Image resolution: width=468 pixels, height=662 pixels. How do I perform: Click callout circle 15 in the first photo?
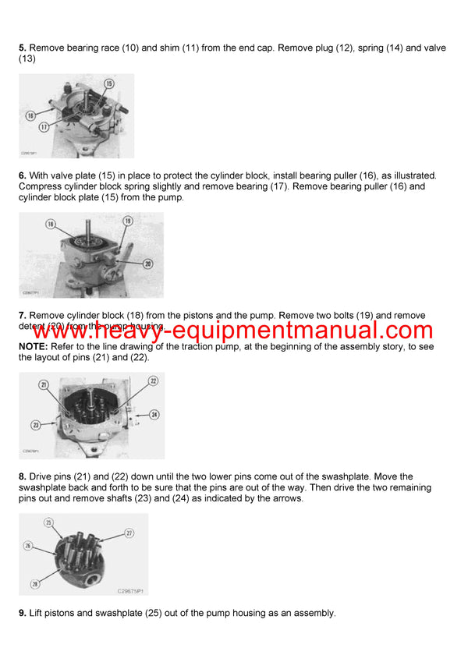108,83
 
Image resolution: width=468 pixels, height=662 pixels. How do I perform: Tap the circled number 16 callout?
30,115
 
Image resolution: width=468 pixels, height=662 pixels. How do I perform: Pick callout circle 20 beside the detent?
147,264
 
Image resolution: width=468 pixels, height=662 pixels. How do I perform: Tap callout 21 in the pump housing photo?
44,384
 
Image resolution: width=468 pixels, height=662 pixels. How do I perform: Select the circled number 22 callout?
153,381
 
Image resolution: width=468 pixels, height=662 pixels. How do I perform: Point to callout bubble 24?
154,414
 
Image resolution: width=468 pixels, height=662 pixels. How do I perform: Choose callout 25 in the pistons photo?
48,522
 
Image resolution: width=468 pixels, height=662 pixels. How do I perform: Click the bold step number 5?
22,48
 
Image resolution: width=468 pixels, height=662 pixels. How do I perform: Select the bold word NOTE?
33,346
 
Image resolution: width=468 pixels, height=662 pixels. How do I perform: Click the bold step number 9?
22,614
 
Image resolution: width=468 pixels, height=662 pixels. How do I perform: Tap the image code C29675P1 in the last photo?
129,591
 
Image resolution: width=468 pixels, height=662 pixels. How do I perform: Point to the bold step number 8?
22,476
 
